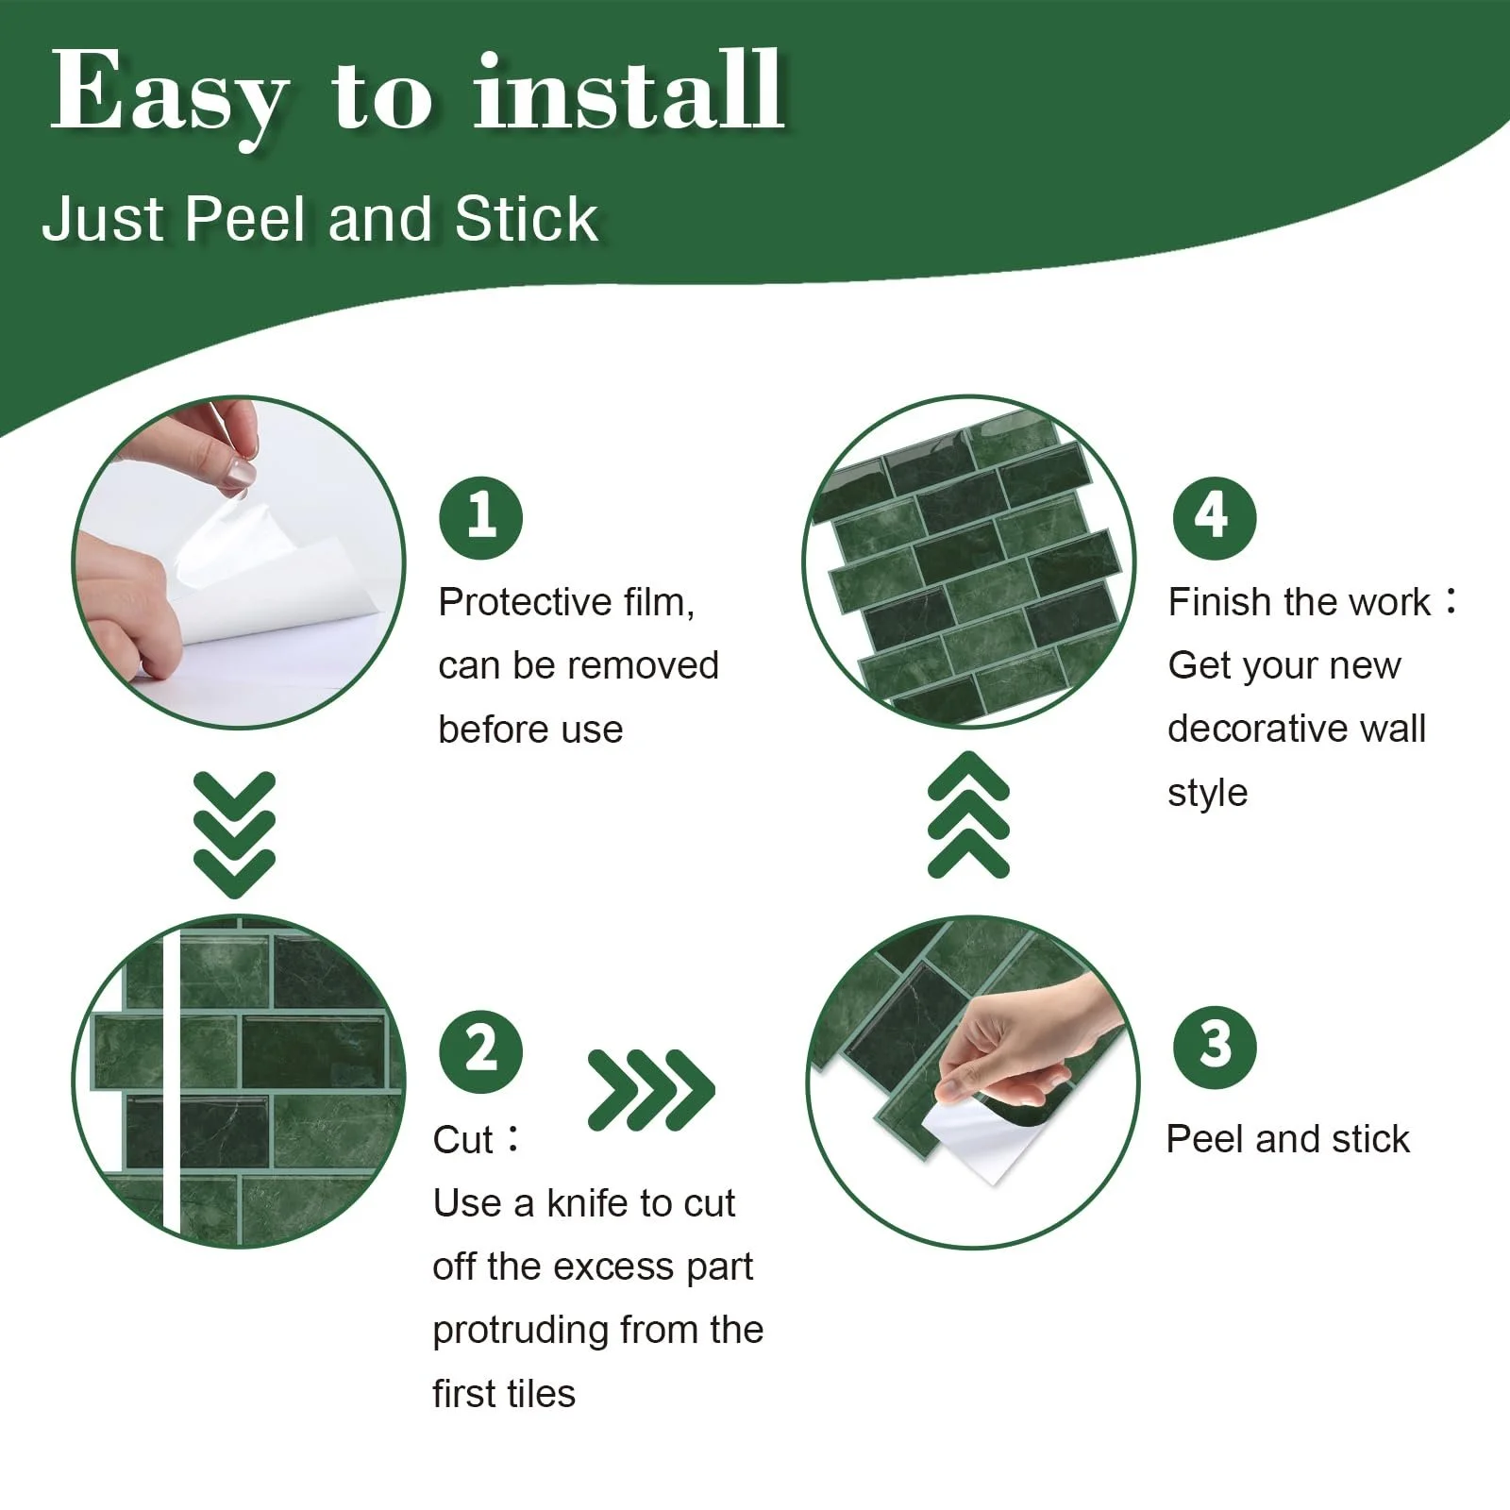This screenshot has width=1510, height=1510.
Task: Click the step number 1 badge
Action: [x=480, y=517]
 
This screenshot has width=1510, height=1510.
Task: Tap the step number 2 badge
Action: [x=480, y=1050]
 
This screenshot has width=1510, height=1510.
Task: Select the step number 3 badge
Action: [x=1215, y=1047]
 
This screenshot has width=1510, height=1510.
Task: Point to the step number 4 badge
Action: [x=1215, y=517]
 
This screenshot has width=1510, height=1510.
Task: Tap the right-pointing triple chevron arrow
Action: [x=651, y=1090]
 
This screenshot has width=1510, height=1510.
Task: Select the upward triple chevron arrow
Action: [x=969, y=814]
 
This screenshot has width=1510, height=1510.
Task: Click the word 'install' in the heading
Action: [x=629, y=92]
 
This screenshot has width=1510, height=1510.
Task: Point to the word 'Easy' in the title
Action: [x=169, y=99]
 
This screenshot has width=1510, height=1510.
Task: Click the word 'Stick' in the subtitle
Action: [x=526, y=219]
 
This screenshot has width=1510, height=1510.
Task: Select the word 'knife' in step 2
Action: [x=588, y=1203]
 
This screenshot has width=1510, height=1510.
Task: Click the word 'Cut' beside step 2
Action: [x=463, y=1140]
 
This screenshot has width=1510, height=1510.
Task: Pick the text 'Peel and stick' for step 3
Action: [x=1288, y=1140]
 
